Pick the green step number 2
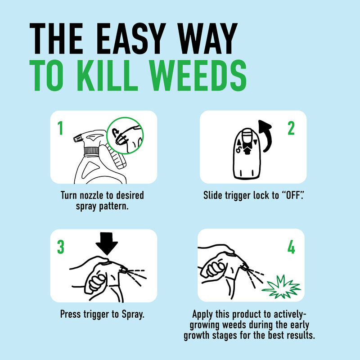pyautogui.click(x=291, y=129)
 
